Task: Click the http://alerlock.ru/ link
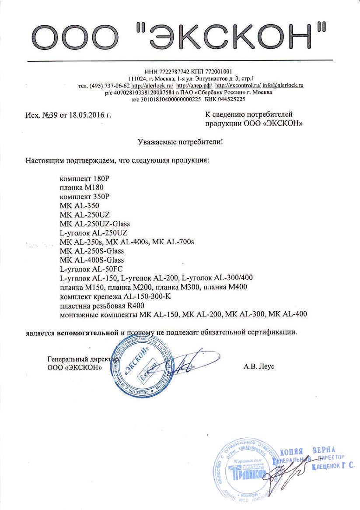pos(152,85)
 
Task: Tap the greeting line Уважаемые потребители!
pos(180,141)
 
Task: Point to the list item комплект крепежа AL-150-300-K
pos(112,296)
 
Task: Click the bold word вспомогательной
pos(87,332)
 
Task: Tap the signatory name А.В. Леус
pos(259,366)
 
